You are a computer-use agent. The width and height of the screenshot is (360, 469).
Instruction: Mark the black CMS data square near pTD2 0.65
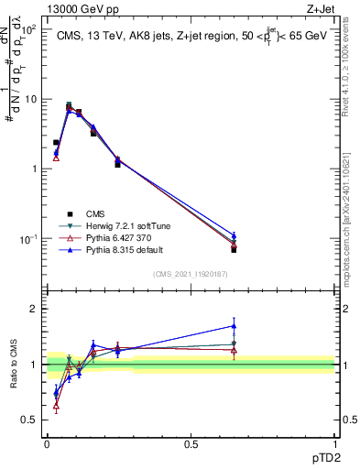pyautogui.click(x=234, y=249)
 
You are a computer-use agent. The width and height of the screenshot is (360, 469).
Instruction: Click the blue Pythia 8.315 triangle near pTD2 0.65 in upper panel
pyautogui.click(x=234, y=235)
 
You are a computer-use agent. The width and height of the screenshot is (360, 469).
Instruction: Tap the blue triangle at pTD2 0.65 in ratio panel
pyautogui.click(x=234, y=325)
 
